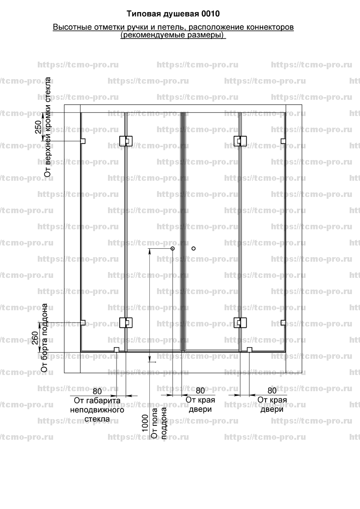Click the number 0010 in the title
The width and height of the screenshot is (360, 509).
tap(211, 13)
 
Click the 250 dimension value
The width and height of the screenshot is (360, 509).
tap(38, 127)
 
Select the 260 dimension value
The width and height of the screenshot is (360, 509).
tap(35, 338)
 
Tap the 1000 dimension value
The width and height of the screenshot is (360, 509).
tap(145, 423)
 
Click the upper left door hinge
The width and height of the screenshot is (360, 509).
tap(126, 141)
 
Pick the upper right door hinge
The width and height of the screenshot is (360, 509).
tap(240, 141)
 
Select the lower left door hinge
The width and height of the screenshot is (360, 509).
tap(126, 322)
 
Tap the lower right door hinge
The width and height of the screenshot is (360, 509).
tap(240, 322)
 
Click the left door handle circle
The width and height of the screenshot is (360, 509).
tap(172, 248)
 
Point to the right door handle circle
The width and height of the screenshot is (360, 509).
tap(193, 248)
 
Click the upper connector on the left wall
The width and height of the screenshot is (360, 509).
tap(83, 141)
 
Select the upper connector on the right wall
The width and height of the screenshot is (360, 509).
tap(283, 141)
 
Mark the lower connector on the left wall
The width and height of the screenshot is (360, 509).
tap(83, 323)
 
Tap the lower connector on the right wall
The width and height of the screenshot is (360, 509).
tap(283, 323)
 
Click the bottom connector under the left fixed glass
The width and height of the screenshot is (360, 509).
tap(117, 350)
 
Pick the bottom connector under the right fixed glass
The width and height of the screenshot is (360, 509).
tap(250, 350)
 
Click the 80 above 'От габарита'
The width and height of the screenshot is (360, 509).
tap(97, 391)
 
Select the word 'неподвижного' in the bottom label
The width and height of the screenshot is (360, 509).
tap(97, 410)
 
